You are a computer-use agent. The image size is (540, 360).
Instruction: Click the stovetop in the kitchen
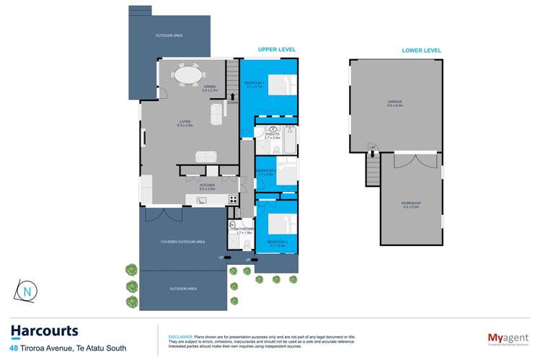tap(233, 199)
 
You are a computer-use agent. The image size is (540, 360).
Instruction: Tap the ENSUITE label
tap(272, 134)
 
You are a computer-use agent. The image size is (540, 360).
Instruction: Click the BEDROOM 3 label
tap(277, 242)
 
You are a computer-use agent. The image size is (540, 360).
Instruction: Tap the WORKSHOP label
tap(411, 204)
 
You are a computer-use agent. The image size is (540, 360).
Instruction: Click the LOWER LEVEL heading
tap(422, 50)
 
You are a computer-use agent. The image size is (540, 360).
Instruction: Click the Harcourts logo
tap(44, 331)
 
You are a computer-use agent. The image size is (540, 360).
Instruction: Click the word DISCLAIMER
tap(180, 335)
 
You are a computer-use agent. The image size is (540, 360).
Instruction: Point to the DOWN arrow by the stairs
tap(232, 97)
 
